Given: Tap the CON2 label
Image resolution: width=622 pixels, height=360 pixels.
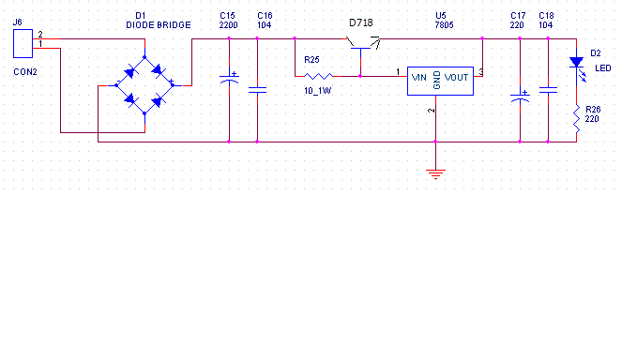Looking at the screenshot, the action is [25, 72].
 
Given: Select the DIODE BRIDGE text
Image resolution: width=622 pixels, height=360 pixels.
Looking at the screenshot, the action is [159, 25].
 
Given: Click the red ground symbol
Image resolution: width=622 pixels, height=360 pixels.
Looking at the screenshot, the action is [435, 174].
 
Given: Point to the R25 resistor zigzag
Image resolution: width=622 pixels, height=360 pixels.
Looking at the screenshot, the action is [319, 76].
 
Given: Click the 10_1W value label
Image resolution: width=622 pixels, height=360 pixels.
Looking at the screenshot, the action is [318, 91].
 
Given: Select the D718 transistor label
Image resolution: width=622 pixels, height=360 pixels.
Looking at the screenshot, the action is [360, 23].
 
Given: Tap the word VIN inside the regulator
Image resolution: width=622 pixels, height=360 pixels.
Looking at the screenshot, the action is [419, 78].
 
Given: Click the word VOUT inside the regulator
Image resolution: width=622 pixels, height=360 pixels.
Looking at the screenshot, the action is [456, 78].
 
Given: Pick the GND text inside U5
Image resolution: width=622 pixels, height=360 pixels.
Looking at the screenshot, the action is [437, 81].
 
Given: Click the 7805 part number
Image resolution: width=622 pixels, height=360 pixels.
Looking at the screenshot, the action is [444, 25].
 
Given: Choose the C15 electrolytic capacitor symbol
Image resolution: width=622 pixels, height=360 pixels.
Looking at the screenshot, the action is [229, 78].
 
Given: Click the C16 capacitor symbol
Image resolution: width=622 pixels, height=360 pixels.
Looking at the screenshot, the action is [257, 90].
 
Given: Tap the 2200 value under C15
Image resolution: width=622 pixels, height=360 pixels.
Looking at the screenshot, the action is [229, 25].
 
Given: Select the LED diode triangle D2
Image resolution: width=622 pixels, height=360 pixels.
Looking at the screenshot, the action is [576, 62].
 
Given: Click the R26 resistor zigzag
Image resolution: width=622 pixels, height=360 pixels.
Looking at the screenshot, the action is [576, 119].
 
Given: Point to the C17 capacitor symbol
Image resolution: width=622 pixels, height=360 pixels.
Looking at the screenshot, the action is [520, 97].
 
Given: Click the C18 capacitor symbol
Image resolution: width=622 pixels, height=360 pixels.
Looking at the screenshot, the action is [548, 90].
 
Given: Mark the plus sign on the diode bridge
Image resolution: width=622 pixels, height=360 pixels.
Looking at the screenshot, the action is [172, 81].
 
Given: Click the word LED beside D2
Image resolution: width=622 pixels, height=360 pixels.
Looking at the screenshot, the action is [603, 68].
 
